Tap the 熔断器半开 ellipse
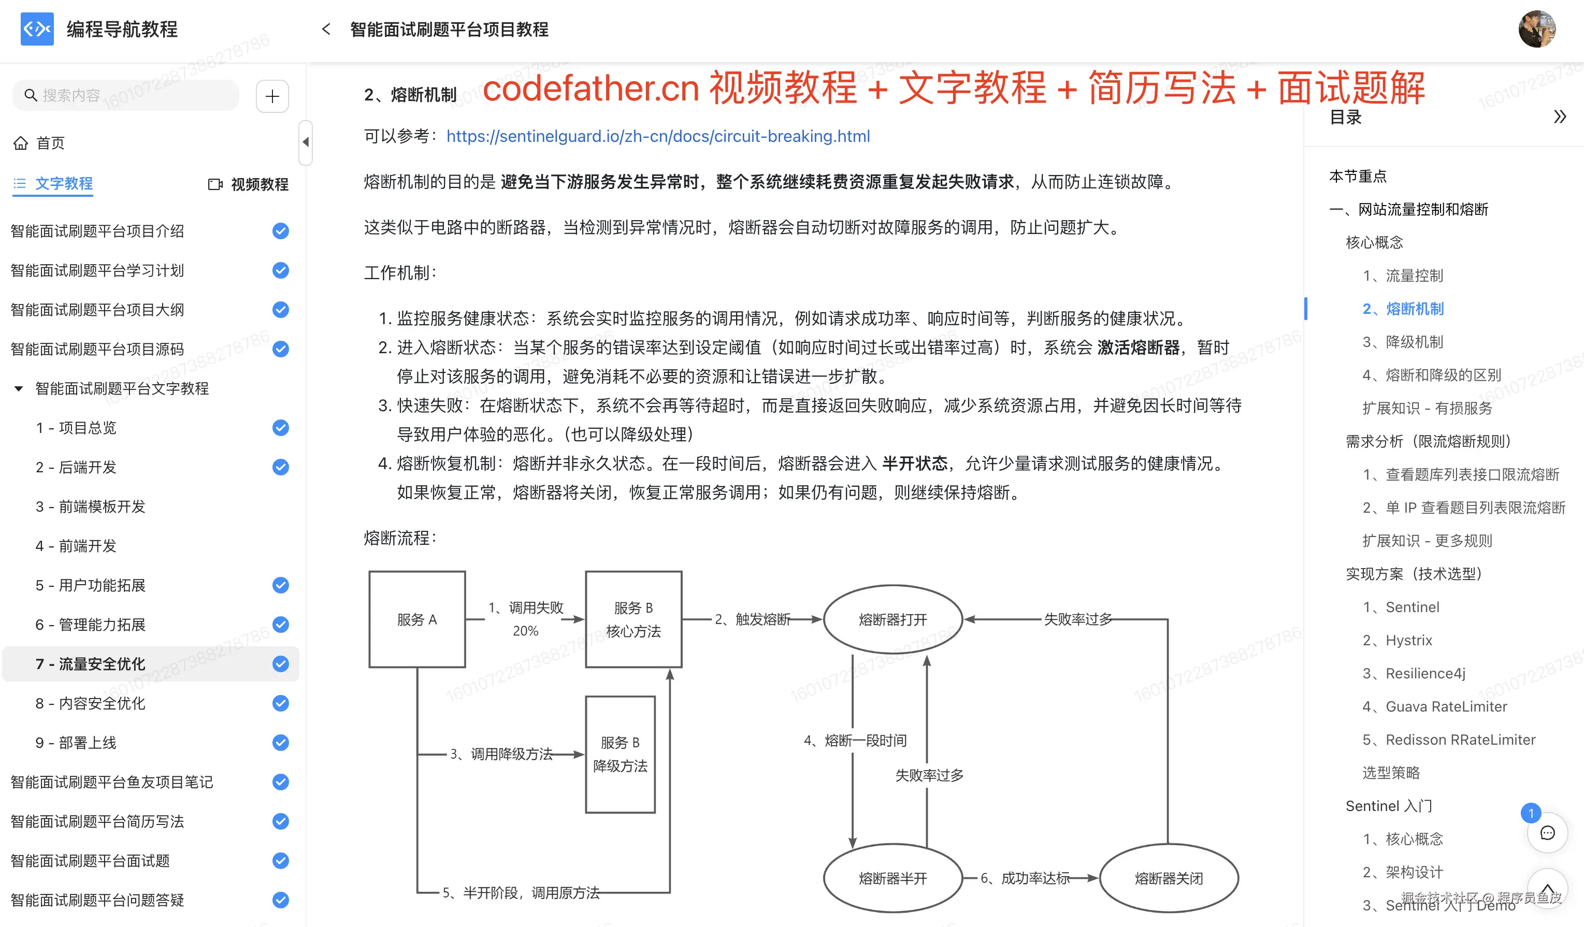pos(892,877)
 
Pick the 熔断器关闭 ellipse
pos(1169,877)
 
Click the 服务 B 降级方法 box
pos(620,754)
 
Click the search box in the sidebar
pos(126,95)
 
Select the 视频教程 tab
pos(249,184)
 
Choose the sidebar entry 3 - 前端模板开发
pos(91,506)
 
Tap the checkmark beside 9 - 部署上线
pos(280,742)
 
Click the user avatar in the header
pos(1536,29)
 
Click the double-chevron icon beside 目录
pos(1560,117)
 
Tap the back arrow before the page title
pos(326,29)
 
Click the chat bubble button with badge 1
pos(1547,833)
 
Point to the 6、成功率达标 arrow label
pos(1025,878)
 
